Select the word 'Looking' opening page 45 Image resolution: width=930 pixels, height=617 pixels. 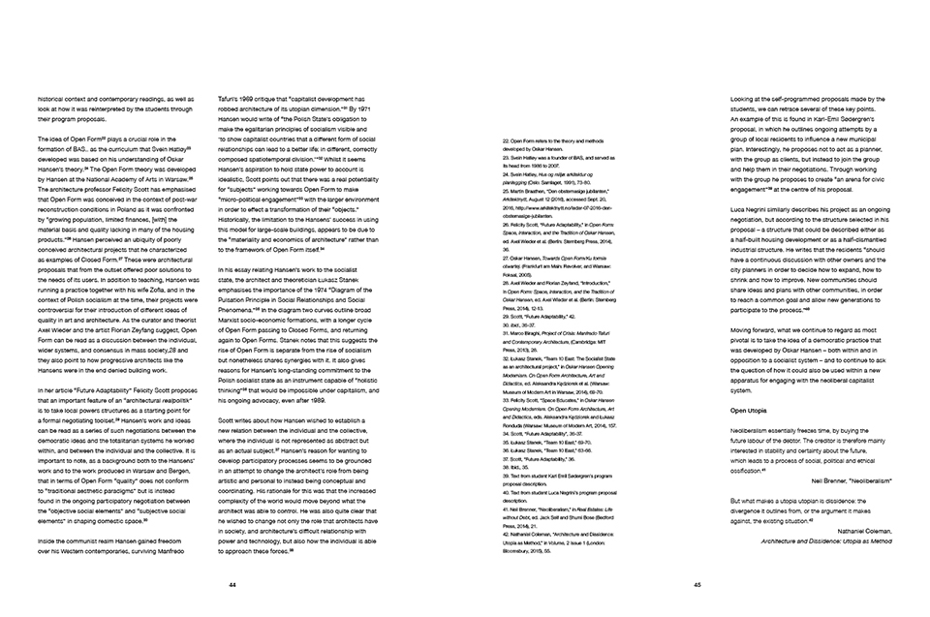pyautogui.click(x=743, y=99)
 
